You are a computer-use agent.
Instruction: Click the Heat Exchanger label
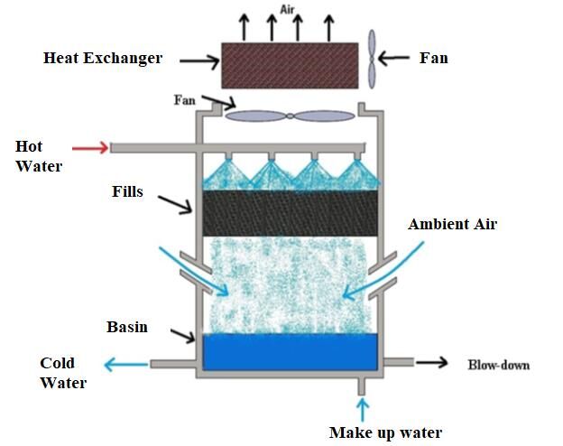(103, 58)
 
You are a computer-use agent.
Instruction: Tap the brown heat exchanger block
(290, 65)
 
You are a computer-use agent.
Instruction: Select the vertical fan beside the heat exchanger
(372, 59)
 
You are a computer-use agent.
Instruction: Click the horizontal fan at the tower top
(291, 116)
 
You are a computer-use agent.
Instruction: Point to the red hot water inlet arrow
(90, 148)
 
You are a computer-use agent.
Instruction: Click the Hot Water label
(39, 156)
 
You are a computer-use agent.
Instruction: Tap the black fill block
(291, 213)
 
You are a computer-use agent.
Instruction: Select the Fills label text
(127, 191)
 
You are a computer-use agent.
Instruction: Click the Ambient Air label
(452, 224)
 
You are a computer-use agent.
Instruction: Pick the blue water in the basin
(291, 352)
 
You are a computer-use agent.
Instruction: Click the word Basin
(127, 327)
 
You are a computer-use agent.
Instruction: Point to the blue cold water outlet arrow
(125, 365)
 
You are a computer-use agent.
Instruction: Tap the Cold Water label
(63, 373)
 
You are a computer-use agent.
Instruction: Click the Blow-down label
(499, 365)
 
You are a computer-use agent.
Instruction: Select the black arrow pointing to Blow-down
(432, 362)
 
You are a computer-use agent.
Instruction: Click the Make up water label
(385, 432)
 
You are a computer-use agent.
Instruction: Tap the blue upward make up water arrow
(363, 410)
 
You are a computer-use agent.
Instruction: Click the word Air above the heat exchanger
(287, 10)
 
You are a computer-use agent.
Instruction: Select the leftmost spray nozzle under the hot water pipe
(228, 155)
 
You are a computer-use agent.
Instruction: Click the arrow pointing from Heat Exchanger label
(199, 61)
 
